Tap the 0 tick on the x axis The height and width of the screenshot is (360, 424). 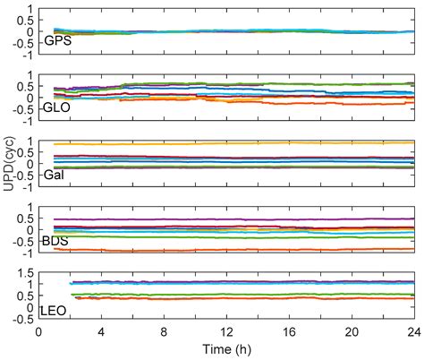(x=38, y=331)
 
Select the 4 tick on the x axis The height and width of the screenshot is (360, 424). (x=101, y=331)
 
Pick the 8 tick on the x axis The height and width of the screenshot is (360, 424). (x=165, y=331)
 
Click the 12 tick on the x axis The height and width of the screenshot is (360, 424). (x=227, y=331)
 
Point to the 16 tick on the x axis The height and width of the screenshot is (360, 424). (x=290, y=331)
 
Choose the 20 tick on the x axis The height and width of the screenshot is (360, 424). (x=352, y=331)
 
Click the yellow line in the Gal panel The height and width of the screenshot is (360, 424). (x=224, y=142)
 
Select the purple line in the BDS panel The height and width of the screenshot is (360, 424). (x=224, y=219)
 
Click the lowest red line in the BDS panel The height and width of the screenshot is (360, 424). (x=224, y=250)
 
